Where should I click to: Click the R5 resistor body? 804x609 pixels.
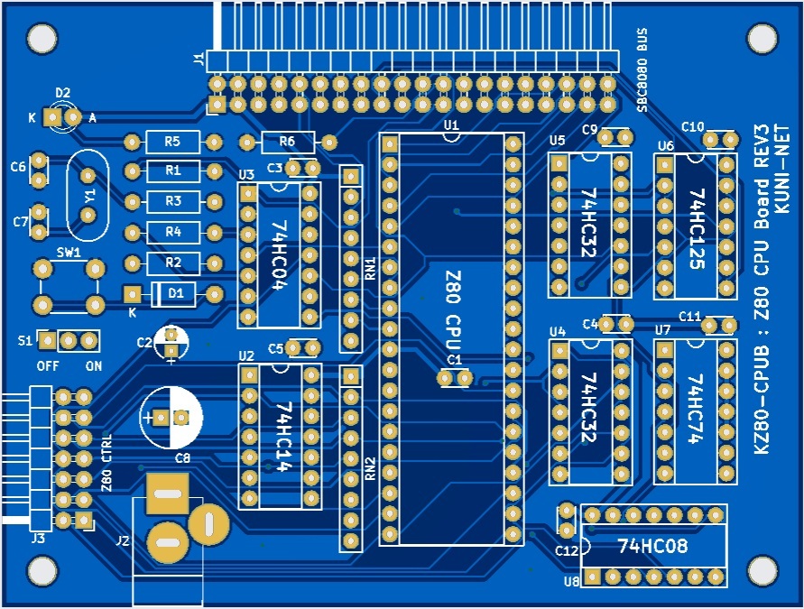tap(172, 142)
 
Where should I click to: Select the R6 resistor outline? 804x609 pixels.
tap(288, 142)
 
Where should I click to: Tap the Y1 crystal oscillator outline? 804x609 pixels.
tap(88, 195)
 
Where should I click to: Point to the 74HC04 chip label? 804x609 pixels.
tap(279, 255)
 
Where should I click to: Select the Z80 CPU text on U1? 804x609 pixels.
tap(453, 311)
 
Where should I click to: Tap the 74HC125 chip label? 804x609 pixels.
tap(698, 228)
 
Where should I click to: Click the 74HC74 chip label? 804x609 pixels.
tap(696, 409)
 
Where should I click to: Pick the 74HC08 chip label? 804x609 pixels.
tap(652, 546)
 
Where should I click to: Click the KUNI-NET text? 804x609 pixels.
tap(782, 169)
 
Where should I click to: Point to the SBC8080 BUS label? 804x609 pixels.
tap(642, 70)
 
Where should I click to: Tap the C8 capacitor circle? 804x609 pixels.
tap(171, 418)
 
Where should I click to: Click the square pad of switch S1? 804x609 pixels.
tap(48, 340)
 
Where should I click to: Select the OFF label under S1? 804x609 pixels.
tap(48, 366)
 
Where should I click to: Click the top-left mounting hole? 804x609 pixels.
tap(42, 38)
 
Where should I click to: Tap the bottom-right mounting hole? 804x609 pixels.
tap(762, 569)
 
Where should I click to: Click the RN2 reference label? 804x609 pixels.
tap(370, 468)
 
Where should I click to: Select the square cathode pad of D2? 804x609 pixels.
tap(52, 117)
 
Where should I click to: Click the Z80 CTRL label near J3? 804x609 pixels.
tap(107, 463)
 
